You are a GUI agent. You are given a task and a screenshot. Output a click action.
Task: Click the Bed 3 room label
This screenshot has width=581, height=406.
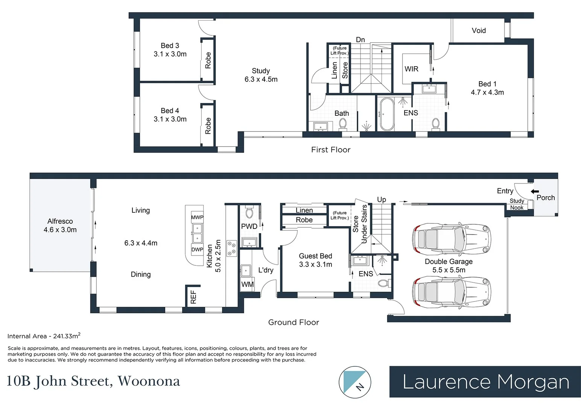tap(170, 45)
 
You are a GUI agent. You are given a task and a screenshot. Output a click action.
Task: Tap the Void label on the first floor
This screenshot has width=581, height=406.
tap(479, 30)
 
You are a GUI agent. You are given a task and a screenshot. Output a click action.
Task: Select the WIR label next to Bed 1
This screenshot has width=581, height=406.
tap(411, 69)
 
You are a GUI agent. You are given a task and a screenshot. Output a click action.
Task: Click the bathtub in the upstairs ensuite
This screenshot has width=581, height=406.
tap(386, 114)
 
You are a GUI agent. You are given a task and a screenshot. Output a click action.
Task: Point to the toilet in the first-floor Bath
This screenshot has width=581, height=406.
tap(342, 123)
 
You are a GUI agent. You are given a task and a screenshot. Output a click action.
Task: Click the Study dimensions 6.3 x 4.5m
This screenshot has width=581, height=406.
tap(261, 79)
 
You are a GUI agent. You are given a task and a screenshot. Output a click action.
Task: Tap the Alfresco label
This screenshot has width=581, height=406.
tap(60, 221)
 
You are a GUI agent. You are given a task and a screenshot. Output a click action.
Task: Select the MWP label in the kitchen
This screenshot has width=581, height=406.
tap(197, 217)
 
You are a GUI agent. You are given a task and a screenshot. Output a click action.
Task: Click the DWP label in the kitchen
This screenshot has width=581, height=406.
tap(197, 249)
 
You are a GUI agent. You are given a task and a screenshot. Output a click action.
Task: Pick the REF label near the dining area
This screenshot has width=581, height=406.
tap(193, 297)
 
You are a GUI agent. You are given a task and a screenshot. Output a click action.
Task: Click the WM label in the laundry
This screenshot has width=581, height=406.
tap(247, 285)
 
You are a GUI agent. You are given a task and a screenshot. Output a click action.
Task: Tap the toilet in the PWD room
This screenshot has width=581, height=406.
tap(249, 213)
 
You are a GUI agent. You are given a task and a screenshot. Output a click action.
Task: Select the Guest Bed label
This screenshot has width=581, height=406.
tap(315, 256)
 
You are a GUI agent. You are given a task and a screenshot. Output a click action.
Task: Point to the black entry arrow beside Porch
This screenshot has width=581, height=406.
tap(534, 191)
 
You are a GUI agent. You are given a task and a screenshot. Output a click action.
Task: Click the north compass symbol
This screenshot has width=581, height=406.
tap(355, 382)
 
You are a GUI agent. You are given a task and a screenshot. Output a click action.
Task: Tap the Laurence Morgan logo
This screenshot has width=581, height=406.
tap(485, 382)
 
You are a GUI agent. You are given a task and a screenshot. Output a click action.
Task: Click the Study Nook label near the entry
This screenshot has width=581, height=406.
tap(517, 204)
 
